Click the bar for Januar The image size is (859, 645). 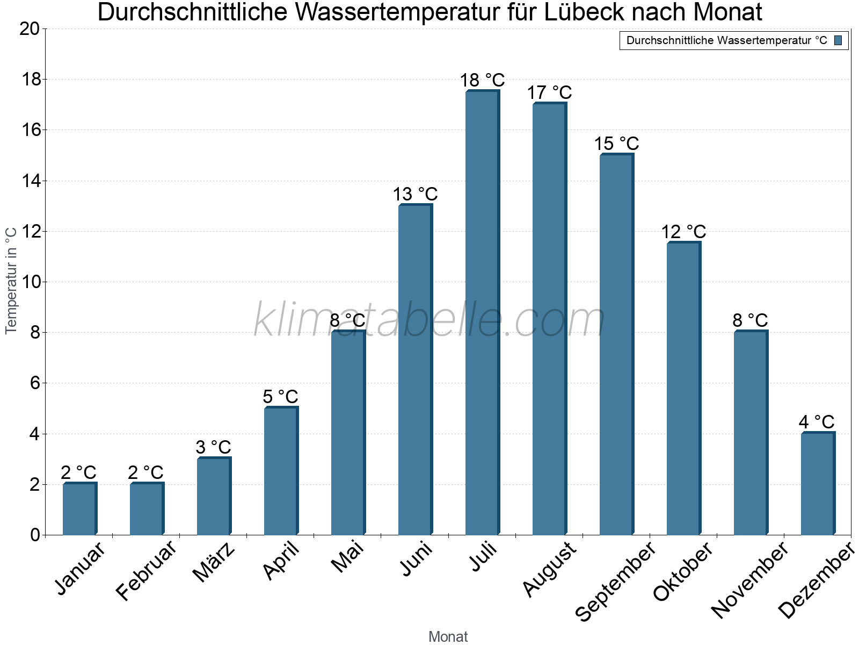[x=79, y=509]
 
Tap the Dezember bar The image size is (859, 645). [x=817, y=484]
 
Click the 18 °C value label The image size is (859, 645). [x=482, y=81]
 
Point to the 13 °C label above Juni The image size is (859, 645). [x=415, y=195]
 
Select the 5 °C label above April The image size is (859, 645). [x=280, y=397]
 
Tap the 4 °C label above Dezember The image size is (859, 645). [x=817, y=422]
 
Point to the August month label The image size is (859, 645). [x=549, y=570]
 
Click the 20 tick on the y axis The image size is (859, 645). [x=30, y=29]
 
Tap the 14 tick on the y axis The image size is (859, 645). [x=30, y=181]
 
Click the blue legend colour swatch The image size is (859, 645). [x=838, y=40]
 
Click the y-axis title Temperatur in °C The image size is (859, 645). [x=11, y=281]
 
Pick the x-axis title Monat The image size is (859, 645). [x=448, y=637]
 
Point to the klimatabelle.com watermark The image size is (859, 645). [x=429, y=320]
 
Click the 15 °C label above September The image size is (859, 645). [x=616, y=144]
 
